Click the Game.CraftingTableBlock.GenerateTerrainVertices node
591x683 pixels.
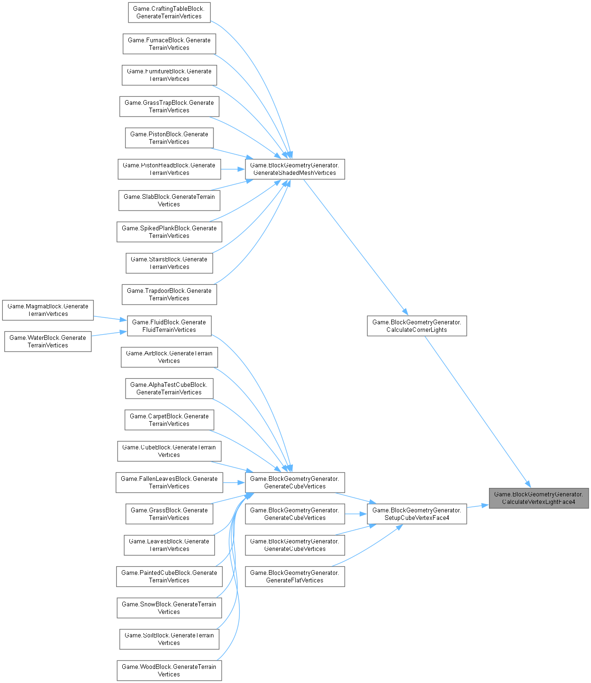(169, 12)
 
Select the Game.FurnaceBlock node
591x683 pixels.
(169, 44)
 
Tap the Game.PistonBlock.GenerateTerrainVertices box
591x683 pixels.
(169, 138)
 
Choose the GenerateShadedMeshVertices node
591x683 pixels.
(295, 169)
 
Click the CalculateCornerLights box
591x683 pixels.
(417, 326)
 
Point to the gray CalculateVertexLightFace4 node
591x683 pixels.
(538, 498)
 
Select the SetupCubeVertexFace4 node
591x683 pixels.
(417, 514)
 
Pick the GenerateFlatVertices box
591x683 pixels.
(295, 576)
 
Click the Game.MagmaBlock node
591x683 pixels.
(48, 310)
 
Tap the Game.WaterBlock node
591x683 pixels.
(48, 341)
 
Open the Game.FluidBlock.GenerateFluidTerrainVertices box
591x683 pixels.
(169, 326)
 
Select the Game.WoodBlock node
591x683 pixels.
(169, 670)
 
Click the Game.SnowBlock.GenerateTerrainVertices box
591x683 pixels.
(169, 608)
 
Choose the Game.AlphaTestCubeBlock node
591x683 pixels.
(169, 388)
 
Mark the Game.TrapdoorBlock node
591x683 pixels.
(169, 294)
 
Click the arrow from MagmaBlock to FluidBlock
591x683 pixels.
(110, 318)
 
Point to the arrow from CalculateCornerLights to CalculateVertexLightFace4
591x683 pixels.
(477, 412)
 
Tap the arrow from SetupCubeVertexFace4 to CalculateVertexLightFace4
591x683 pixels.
(478, 506)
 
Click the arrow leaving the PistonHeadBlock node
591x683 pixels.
(233, 169)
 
